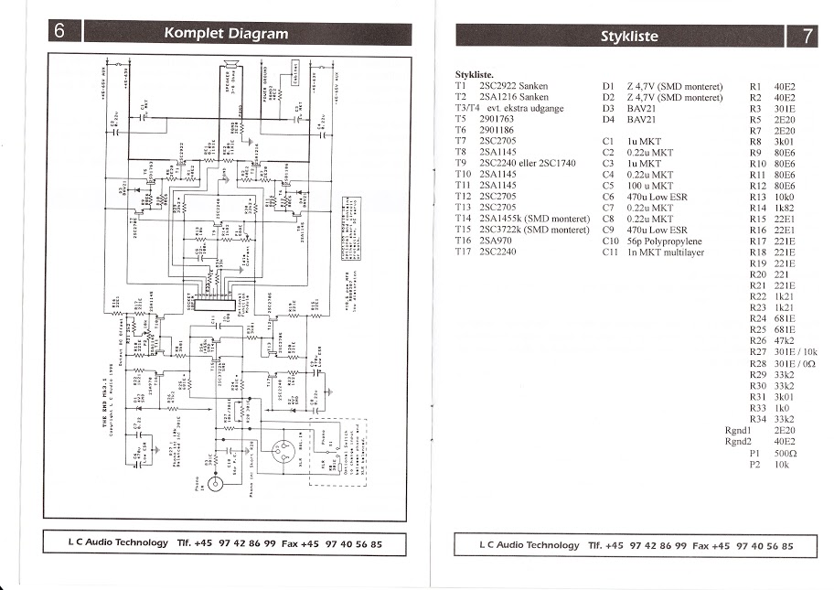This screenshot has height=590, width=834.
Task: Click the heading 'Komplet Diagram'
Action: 225,34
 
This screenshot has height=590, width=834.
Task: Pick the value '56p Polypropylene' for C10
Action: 665,242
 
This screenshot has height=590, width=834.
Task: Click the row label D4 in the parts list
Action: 609,119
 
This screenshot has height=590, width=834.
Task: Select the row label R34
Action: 756,419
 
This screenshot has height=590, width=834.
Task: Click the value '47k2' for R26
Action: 784,341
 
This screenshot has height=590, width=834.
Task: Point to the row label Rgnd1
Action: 737,430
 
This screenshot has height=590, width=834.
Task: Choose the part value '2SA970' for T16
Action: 497,241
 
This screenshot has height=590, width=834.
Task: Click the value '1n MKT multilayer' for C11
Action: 665,252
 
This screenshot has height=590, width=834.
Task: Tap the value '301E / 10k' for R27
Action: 792,352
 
